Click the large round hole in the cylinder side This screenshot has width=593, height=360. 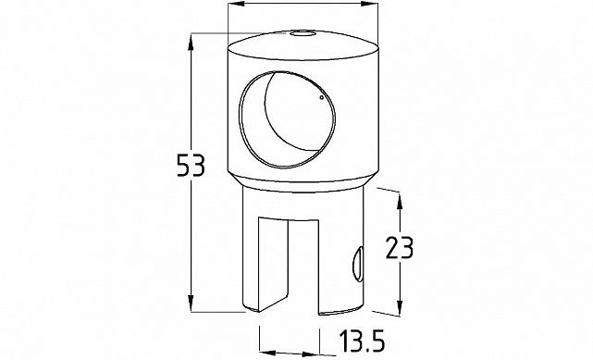(284, 118)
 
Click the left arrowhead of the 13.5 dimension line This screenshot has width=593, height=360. (263, 352)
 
